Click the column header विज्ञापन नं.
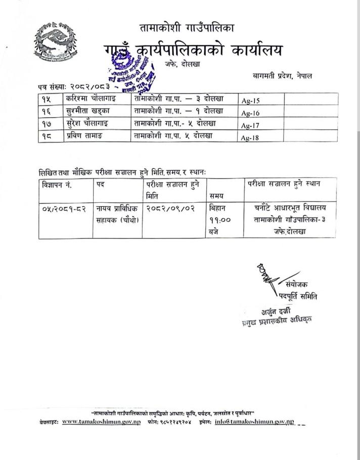pos(58,185)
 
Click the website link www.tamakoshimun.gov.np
pos(101,422)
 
